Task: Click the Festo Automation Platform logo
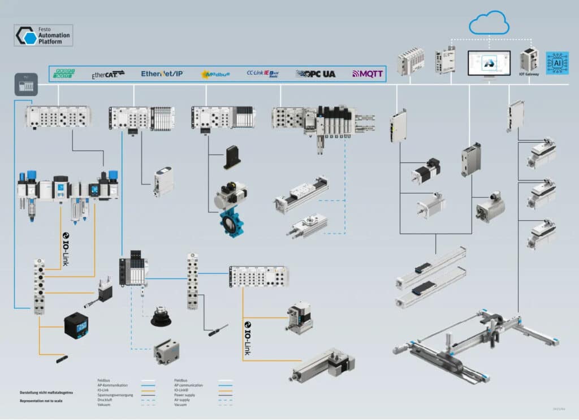(x=44, y=35)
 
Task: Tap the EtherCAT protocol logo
(x=108, y=74)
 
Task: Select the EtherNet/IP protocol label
(x=162, y=74)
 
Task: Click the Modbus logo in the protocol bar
(x=215, y=74)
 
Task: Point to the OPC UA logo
(x=316, y=74)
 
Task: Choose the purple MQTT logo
(x=368, y=74)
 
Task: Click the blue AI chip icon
(x=556, y=63)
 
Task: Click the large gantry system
(x=475, y=345)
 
